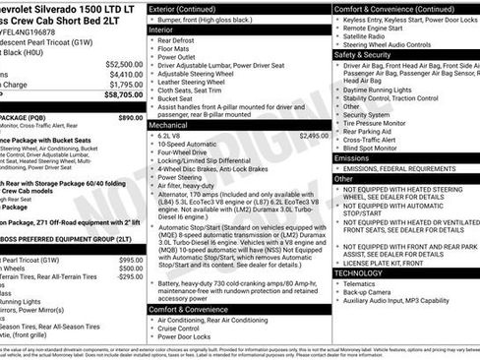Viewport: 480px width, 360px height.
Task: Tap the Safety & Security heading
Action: pyautogui.click(x=365, y=55)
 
